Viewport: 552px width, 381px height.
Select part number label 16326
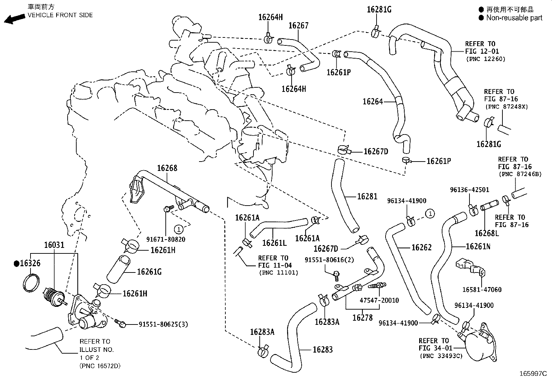click(x=30, y=263)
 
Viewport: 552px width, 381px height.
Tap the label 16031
click(x=54, y=245)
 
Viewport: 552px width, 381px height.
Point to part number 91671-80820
click(x=166, y=239)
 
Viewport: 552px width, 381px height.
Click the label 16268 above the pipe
click(x=167, y=168)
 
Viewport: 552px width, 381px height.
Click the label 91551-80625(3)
click(x=163, y=324)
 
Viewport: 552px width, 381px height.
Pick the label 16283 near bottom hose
click(x=322, y=349)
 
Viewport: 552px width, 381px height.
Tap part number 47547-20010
click(x=379, y=300)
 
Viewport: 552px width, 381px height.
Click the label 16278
click(x=363, y=317)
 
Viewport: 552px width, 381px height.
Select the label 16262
click(x=422, y=248)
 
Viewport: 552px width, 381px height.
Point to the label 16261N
click(x=478, y=246)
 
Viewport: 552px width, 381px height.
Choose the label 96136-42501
click(x=469, y=190)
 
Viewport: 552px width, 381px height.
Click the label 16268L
click(x=486, y=233)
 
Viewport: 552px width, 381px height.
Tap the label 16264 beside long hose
click(x=373, y=102)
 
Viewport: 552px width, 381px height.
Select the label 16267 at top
click(x=298, y=25)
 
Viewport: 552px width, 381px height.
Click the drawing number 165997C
click(x=533, y=374)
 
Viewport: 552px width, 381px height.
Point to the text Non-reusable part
click(x=514, y=18)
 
